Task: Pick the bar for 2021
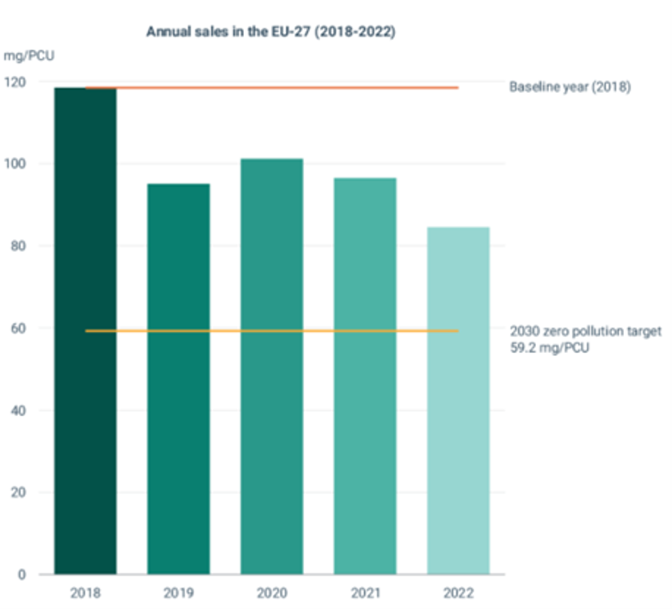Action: (365, 375)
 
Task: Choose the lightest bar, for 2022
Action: (458, 400)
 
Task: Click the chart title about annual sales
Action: (271, 32)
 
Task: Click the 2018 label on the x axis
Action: (86, 594)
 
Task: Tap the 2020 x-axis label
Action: (272, 594)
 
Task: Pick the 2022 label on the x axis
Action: (458, 594)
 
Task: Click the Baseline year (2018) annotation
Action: (570, 86)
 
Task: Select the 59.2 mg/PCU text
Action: (550, 348)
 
